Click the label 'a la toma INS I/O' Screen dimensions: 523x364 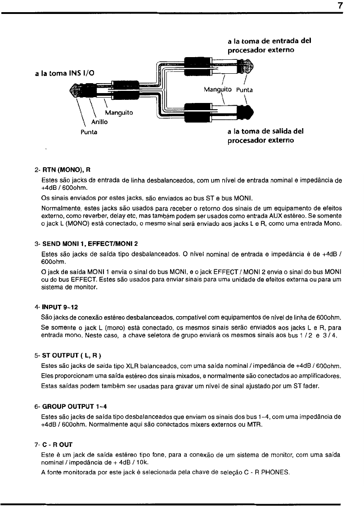64,72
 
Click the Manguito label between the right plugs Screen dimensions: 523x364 217,89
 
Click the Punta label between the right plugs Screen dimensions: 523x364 245,89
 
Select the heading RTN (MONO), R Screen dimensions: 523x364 66,170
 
